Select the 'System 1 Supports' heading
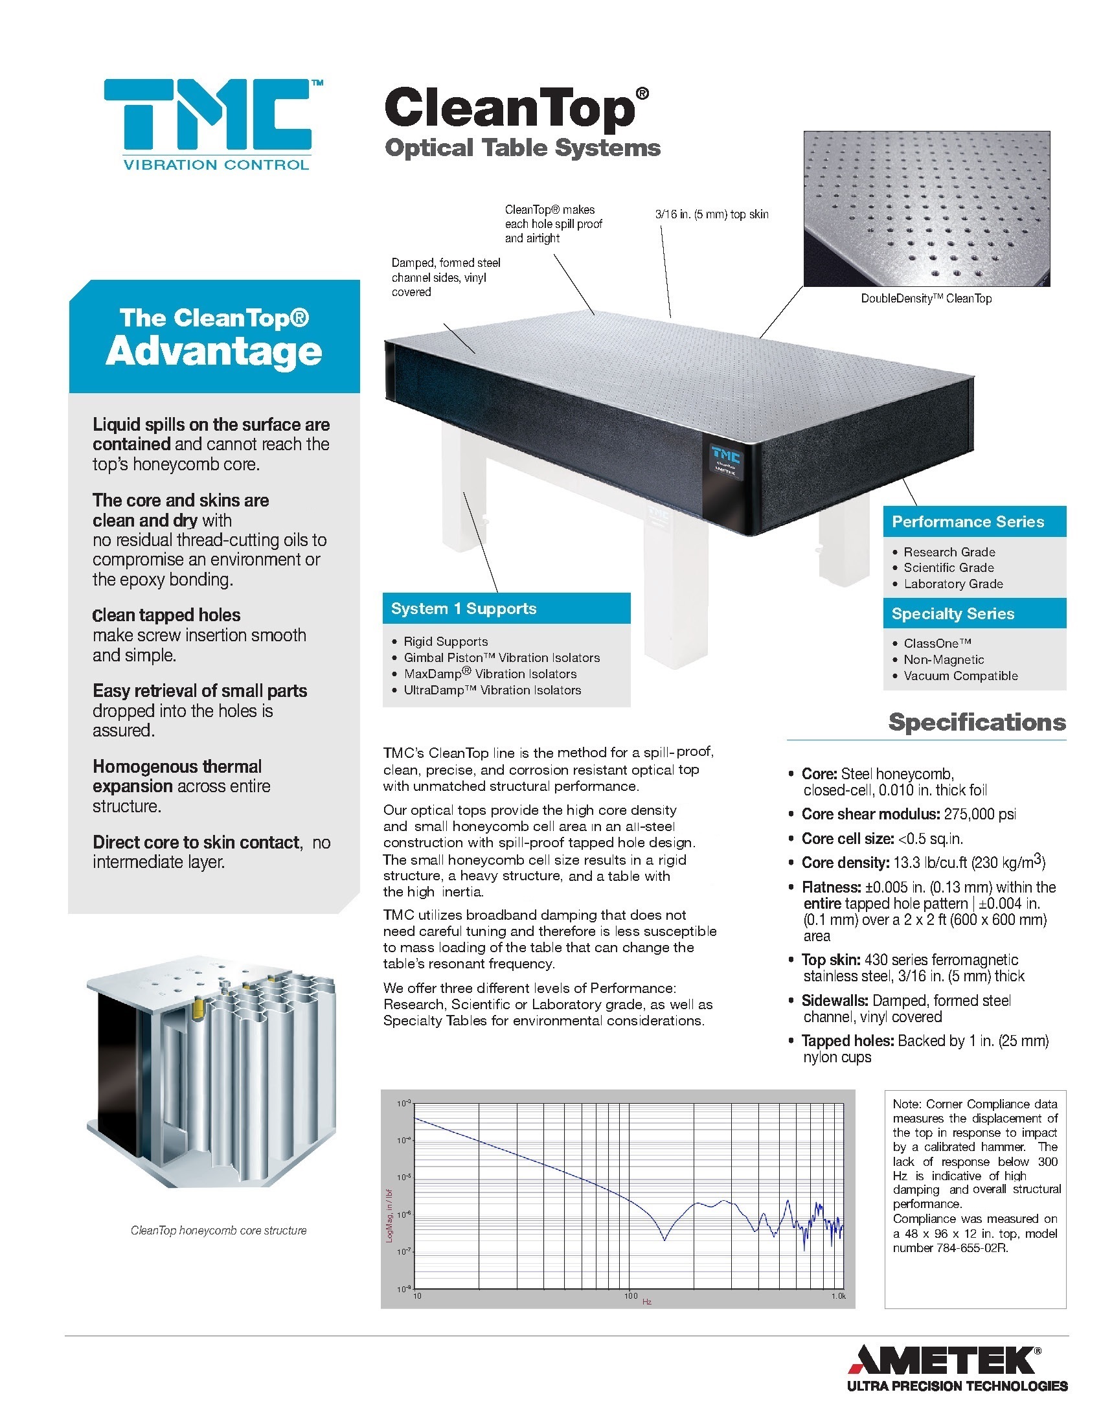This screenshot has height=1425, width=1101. click(463, 609)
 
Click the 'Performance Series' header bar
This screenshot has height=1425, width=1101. click(968, 522)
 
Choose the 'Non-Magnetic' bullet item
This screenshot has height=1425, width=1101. click(943, 659)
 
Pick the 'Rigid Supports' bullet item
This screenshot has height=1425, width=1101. click(446, 641)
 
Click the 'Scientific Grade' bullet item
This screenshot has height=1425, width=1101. click(948, 567)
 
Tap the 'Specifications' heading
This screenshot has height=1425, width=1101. click(977, 722)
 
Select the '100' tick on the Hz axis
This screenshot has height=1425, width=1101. click(630, 1296)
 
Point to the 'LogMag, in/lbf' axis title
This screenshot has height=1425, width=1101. click(389, 1215)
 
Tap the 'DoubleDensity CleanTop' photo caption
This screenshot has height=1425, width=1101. click(925, 299)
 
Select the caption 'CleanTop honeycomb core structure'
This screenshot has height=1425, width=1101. click(218, 1231)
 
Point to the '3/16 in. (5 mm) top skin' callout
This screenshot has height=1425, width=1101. click(712, 214)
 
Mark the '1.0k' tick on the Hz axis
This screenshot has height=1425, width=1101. click(837, 1296)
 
